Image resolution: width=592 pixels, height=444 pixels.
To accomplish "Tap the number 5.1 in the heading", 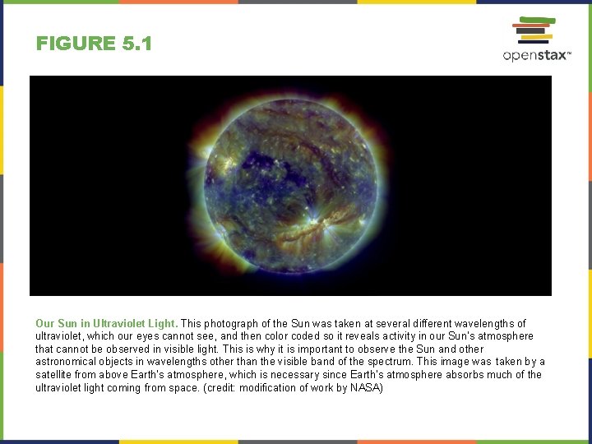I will pyautogui.click(x=136, y=44).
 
